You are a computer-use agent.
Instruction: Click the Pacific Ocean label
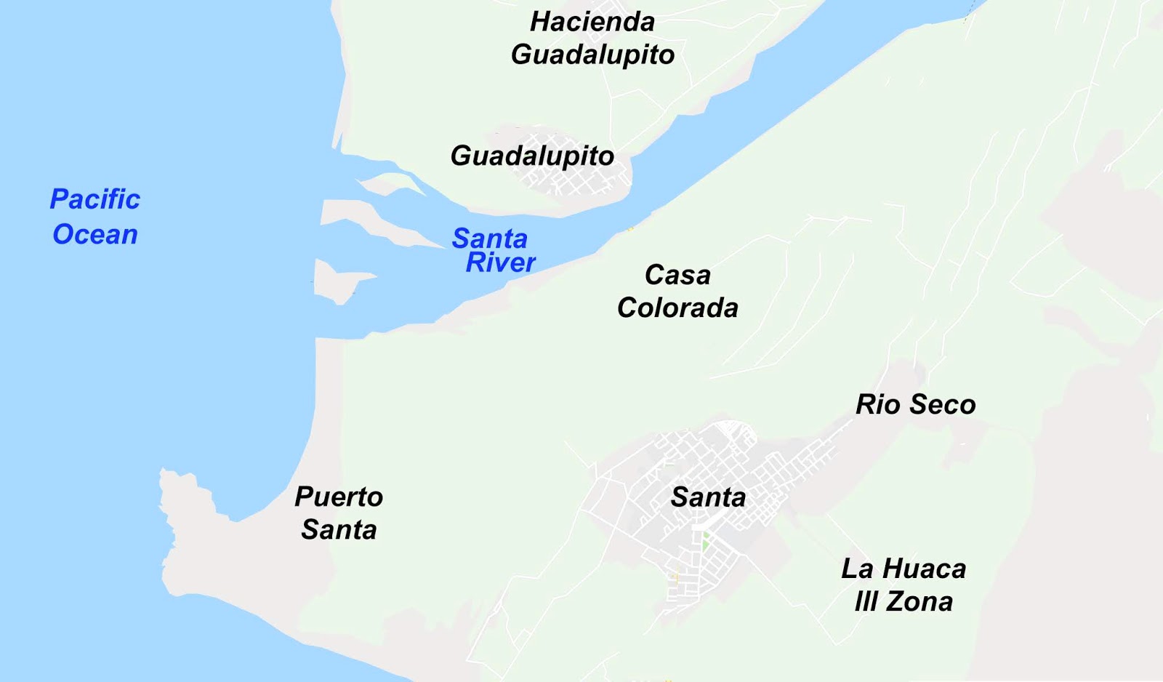(x=94, y=217)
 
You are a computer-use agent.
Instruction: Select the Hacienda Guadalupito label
(x=592, y=38)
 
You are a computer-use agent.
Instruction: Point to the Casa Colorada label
(x=677, y=291)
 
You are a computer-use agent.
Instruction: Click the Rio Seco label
(x=915, y=404)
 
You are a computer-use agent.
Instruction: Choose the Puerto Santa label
(x=339, y=513)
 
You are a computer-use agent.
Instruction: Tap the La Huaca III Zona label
(x=904, y=585)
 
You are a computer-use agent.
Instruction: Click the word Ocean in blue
(x=94, y=234)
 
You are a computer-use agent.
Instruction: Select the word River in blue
(x=500, y=262)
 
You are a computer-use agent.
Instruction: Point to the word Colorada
(x=677, y=308)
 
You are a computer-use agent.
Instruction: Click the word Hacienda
(x=592, y=21)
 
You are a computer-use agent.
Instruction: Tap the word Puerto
(x=339, y=497)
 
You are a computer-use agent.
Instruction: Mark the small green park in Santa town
(x=705, y=542)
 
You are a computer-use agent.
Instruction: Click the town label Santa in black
(x=708, y=497)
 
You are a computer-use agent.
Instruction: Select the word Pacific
(x=94, y=199)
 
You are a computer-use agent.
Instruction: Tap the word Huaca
(x=925, y=569)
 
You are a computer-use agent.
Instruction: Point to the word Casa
(x=677, y=275)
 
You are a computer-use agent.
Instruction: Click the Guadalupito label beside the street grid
(x=532, y=156)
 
